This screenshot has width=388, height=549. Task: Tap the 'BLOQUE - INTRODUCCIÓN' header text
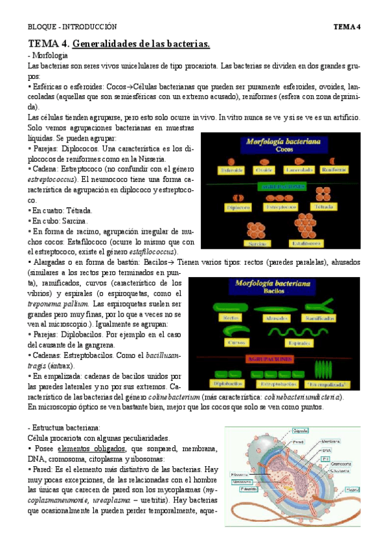point(72,27)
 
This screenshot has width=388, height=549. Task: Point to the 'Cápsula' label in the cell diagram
point(300,430)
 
